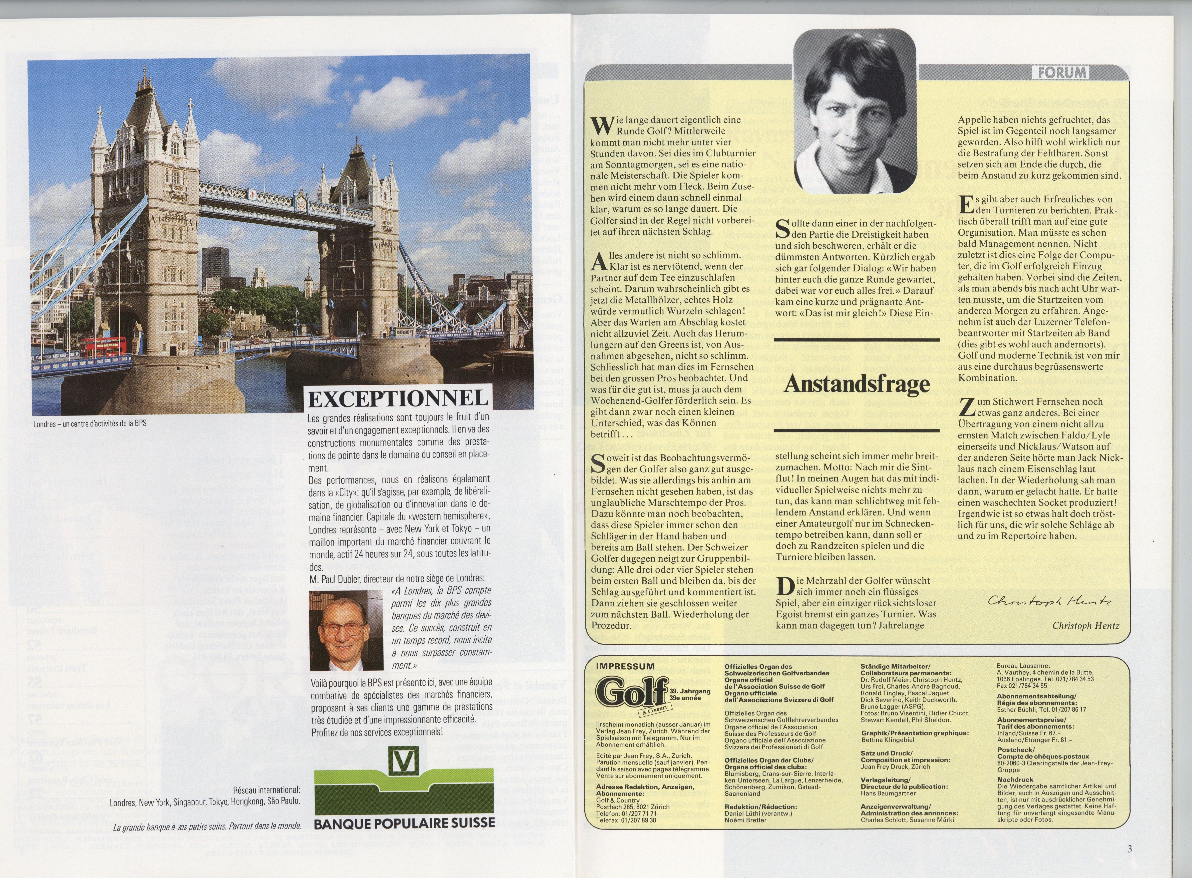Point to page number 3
tap(1129, 848)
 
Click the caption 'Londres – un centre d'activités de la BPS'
tap(89, 424)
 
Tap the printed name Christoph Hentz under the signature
tap(1086, 626)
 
